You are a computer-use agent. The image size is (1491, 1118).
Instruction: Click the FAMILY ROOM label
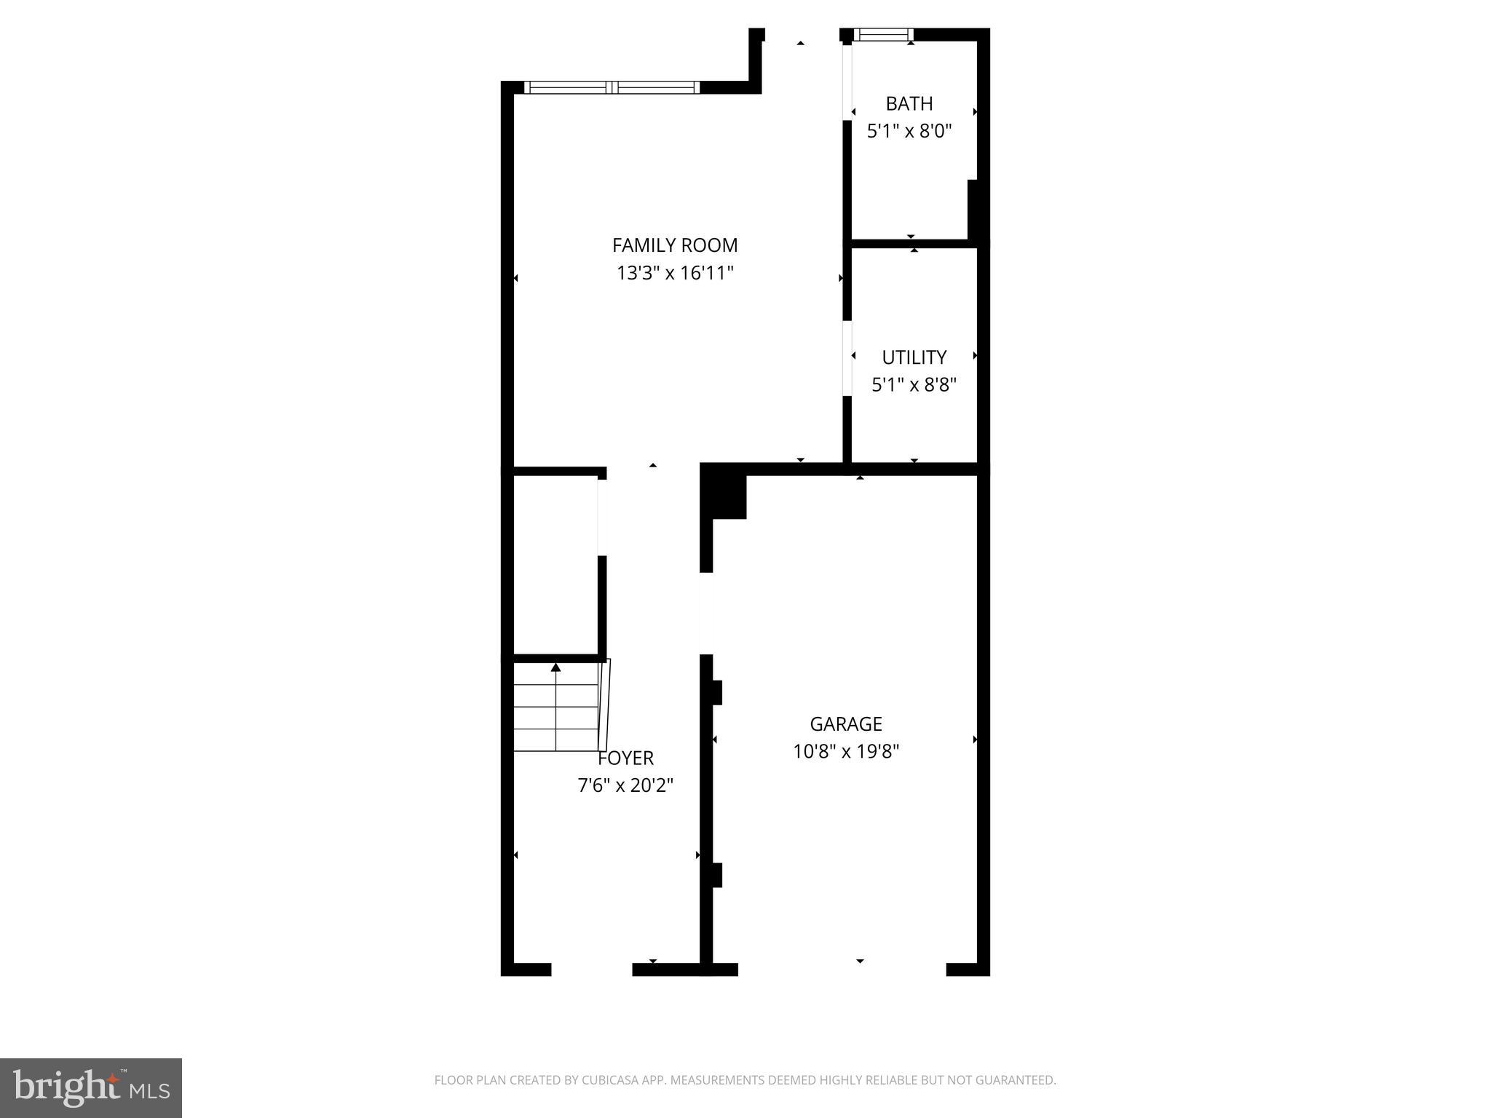674,245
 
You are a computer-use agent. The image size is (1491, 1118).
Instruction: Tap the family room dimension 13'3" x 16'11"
674,273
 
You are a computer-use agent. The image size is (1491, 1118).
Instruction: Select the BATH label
909,103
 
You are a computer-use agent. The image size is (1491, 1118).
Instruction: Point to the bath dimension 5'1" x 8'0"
909,131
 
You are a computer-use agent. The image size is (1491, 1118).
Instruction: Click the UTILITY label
914,357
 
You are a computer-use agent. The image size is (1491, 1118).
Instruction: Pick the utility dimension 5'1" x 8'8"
914,384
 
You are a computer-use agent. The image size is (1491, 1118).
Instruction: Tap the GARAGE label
846,723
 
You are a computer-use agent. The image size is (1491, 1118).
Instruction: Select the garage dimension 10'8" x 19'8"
846,751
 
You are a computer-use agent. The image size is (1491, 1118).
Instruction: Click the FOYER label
626,758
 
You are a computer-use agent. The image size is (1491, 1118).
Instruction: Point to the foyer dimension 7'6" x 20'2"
625,785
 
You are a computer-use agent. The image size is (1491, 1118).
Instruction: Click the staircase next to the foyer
557,706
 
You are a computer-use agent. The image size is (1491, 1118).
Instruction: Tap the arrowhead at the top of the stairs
556,667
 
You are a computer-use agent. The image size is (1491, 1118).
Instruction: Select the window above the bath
883,34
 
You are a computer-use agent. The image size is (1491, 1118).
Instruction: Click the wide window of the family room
612,87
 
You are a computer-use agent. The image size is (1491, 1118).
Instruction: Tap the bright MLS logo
91,1088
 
